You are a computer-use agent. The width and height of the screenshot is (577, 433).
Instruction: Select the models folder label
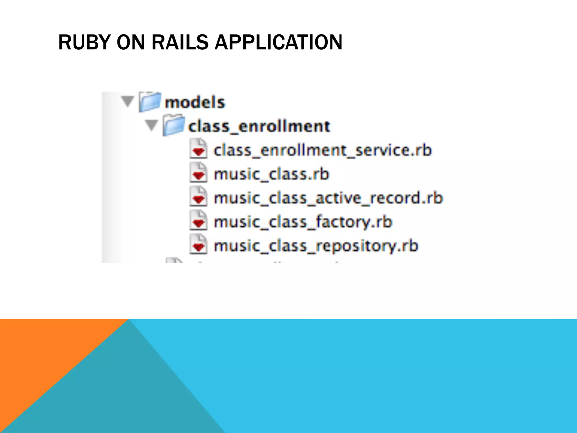click(x=195, y=102)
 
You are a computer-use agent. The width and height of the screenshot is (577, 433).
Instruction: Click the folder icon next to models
click(x=150, y=102)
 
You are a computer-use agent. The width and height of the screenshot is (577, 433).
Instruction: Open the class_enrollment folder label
click(x=259, y=126)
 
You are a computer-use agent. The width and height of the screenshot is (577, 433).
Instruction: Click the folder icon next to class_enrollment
click(x=174, y=125)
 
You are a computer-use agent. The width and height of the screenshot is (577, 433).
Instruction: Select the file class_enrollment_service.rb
click(x=322, y=150)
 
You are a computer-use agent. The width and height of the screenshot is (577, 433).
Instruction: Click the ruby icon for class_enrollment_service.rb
click(x=198, y=149)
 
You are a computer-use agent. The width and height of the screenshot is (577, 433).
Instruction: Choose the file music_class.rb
click(x=271, y=174)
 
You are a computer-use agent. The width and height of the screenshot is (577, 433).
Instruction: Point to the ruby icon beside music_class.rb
click(x=198, y=173)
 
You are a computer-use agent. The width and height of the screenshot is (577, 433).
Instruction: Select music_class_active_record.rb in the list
click(x=328, y=198)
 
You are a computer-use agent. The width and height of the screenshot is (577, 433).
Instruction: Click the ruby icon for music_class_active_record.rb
click(x=198, y=196)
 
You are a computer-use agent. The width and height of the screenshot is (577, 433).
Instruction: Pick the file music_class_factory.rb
click(x=303, y=222)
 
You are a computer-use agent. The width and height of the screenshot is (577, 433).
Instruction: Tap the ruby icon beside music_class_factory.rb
click(x=198, y=220)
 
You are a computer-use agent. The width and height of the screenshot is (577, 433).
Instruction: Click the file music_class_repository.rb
click(x=316, y=246)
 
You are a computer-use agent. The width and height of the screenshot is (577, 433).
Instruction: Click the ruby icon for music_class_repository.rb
click(x=198, y=244)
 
